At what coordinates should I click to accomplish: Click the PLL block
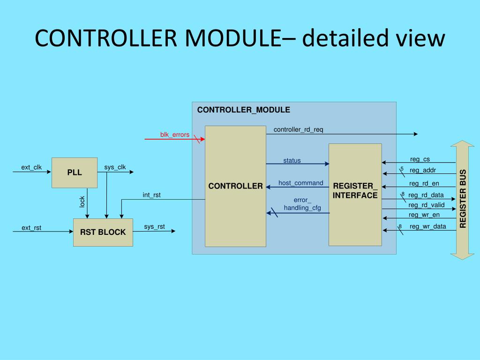[x=74, y=172]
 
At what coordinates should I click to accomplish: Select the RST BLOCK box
[x=103, y=232]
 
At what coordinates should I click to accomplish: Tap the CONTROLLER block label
[x=235, y=186]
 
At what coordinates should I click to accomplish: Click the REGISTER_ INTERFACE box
[x=355, y=191]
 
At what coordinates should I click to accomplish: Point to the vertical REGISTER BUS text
[x=463, y=199]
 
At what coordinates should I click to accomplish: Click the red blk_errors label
[x=175, y=135]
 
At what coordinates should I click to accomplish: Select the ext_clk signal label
[x=31, y=167]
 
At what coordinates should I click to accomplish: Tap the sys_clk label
[x=115, y=167]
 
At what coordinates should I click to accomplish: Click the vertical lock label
[x=82, y=202]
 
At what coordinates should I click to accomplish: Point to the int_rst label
[x=151, y=195]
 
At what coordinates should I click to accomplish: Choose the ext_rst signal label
[x=31, y=228]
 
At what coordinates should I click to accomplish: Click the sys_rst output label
[x=154, y=227]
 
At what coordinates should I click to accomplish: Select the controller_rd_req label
[x=299, y=130]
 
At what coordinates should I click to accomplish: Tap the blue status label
[x=292, y=161]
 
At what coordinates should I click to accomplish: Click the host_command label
[x=300, y=183]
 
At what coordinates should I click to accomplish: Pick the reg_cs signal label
[x=420, y=159]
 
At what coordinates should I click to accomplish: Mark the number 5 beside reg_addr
[x=402, y=169]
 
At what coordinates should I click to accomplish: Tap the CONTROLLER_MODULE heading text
[x=243, y=110]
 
